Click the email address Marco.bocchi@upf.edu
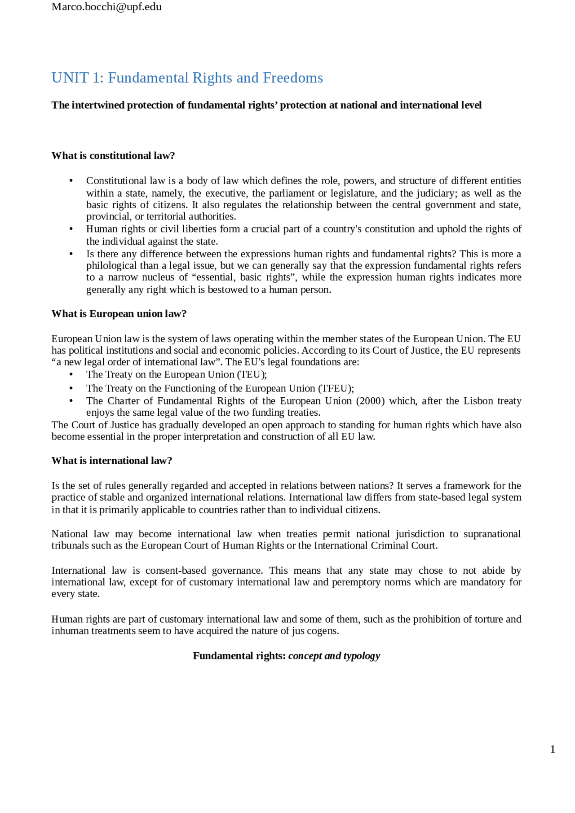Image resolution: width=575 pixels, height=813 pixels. tap(106, 7)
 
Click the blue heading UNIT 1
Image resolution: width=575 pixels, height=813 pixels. tap(187, 78)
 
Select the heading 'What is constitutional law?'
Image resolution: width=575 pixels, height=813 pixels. tap(113, 156)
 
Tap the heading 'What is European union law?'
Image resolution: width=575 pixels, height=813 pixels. tap(119, 314)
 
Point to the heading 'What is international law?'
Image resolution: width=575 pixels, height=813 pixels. tap(112, 461)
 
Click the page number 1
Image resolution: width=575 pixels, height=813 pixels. tap(553, 749)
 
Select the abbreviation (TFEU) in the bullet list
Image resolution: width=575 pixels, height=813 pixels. tap(336, 388)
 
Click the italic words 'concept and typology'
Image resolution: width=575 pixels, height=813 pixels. tap(334, 656)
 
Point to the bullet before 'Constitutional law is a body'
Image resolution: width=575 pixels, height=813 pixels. tap(71, 181)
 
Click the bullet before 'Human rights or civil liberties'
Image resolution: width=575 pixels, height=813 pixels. tap(71, 229)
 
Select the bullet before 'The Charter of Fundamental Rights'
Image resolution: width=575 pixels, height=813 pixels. tap(71, 401)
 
